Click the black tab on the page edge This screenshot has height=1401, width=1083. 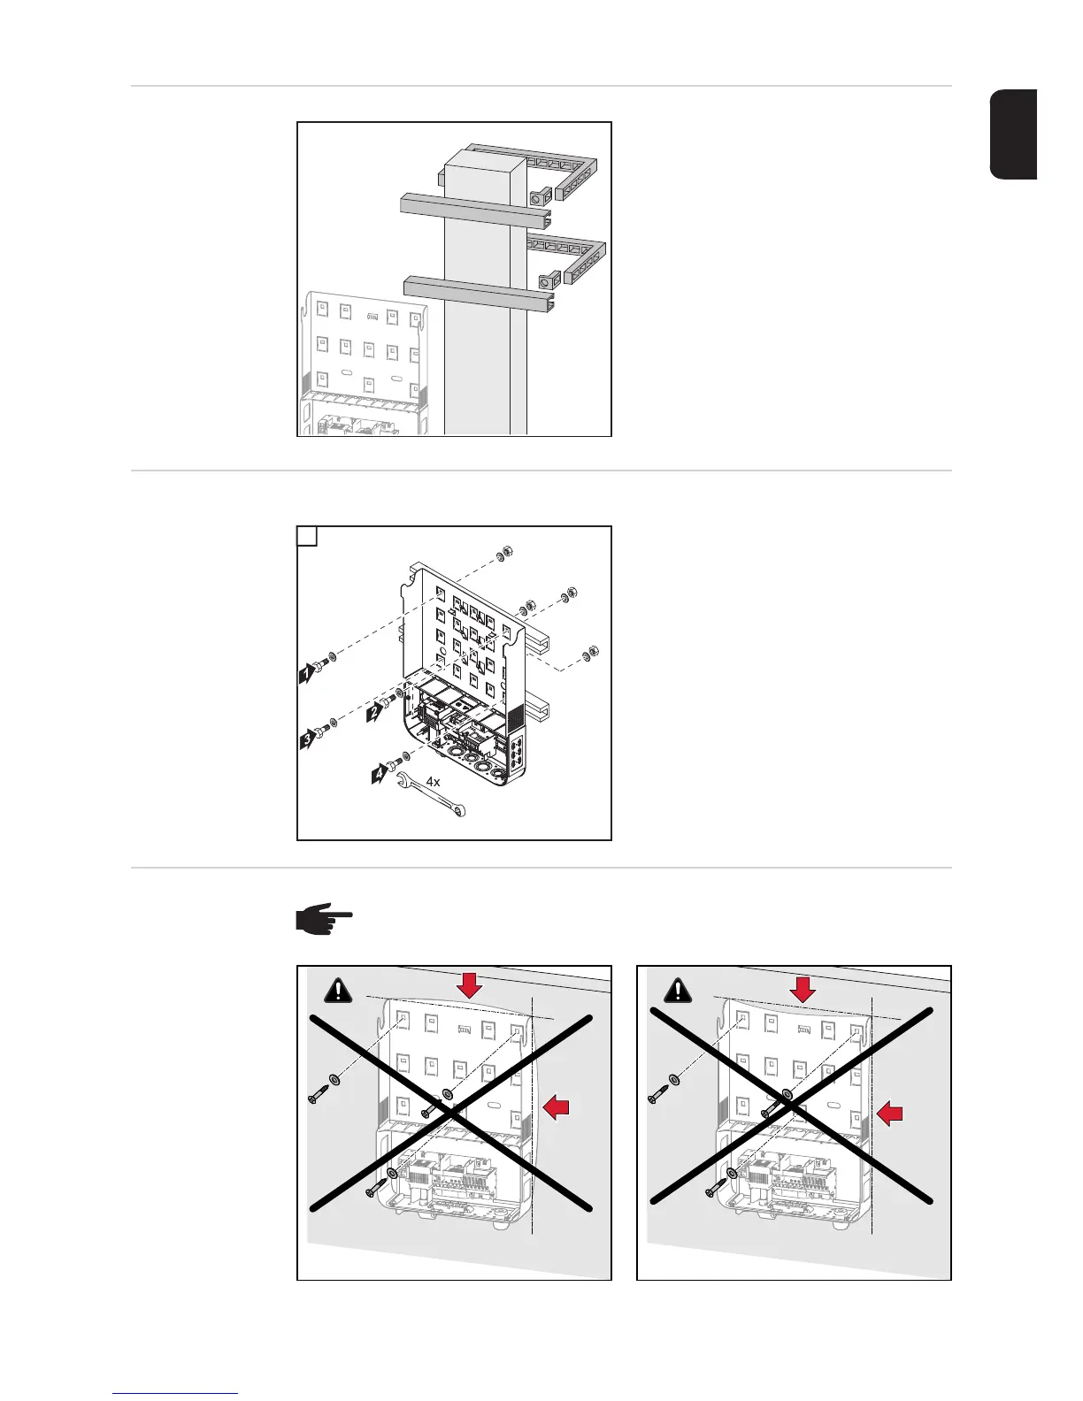[1012, 134]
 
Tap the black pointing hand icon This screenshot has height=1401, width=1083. [323, 920]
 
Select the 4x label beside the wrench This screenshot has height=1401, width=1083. [433, 781]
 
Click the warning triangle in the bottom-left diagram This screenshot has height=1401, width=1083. [338, 991]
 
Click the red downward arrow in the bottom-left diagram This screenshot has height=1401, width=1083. [470, 985]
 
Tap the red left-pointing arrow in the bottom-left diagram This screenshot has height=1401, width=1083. [557, 1105]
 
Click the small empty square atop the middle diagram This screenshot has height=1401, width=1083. [307, 537]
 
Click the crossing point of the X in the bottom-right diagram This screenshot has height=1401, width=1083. [791, 1105]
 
